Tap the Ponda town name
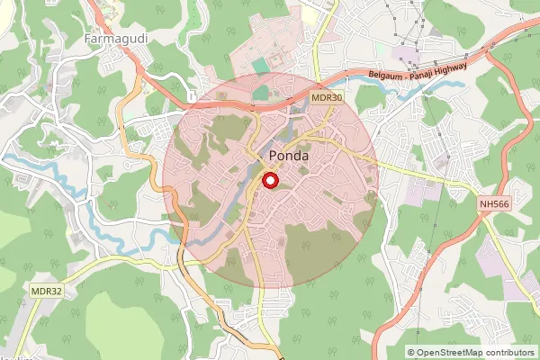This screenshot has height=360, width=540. (x=289, y=157)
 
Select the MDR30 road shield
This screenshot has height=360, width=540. (x=328, y=98)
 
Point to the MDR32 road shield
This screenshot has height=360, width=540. (x=45, y=291)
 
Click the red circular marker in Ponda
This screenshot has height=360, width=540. (x=270, y=181)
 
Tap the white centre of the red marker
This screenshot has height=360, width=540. (x=270, y=181)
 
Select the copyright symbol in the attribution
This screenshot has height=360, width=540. (x=411, y=353)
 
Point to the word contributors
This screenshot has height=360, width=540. (x=509, y=353)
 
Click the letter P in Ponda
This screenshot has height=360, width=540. (x=273, y=157)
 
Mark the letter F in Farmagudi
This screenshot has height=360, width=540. (x=85, y=39)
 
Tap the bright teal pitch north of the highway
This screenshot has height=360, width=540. (x=260, y=66)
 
